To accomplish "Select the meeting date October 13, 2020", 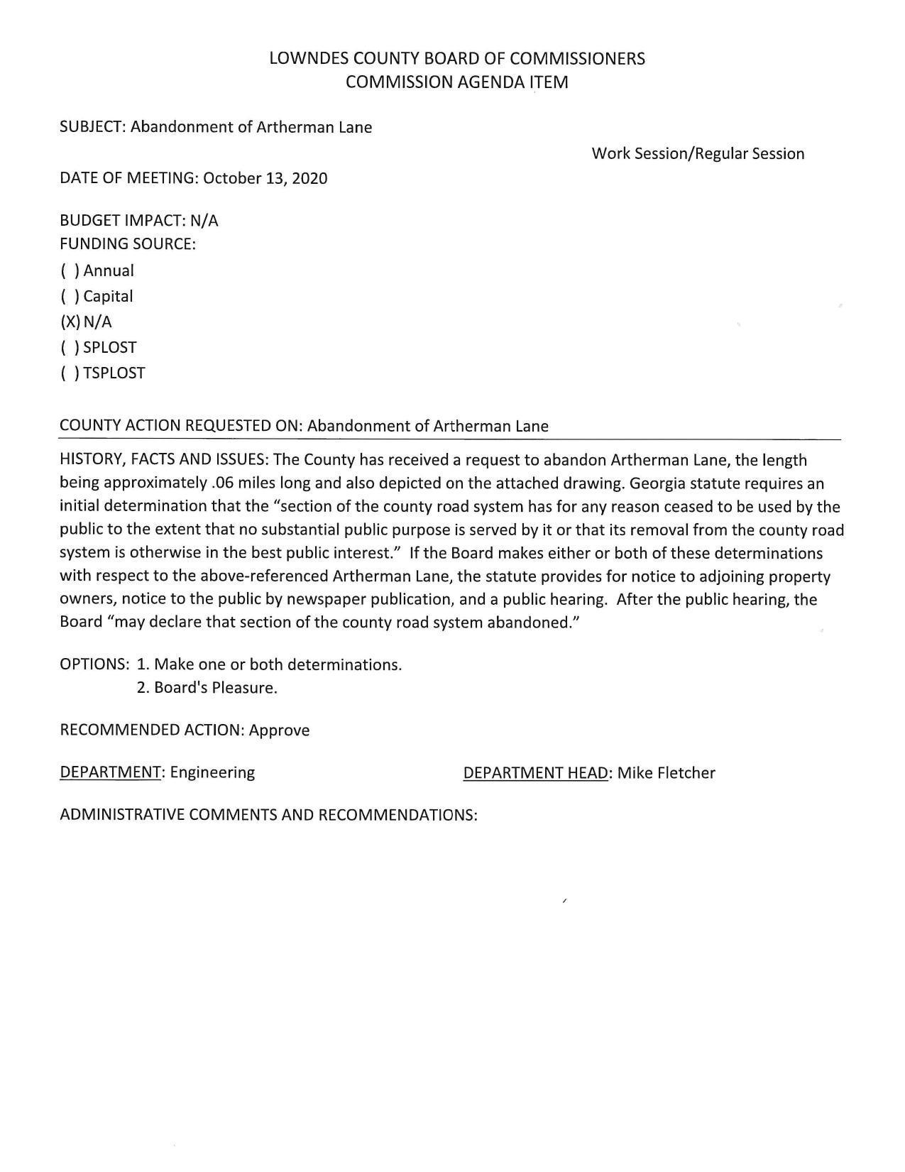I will pyautogui.click(x=265, y=178).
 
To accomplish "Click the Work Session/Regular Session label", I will pyautogui.click(x=698, y=154).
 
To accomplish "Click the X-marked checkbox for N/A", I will pyautogui.click(x=70, y=322).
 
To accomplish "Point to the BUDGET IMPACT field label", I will pyautogui.click(x=122, y=221).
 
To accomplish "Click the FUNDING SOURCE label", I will pyautogui.click(x=127, y=244).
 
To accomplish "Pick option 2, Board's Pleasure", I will pyautogui.click(x=207, y=688).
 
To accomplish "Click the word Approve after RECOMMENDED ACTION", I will pyautogui.click(x=279, y=730).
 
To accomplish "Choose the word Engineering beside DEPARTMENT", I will pyautogui.click(x=212, y=772).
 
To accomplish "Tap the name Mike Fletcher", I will pyautogui.click(x=666, y=773).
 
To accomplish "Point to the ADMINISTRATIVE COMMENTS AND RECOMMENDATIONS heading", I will pyautogui.click(x=268, y=815).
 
